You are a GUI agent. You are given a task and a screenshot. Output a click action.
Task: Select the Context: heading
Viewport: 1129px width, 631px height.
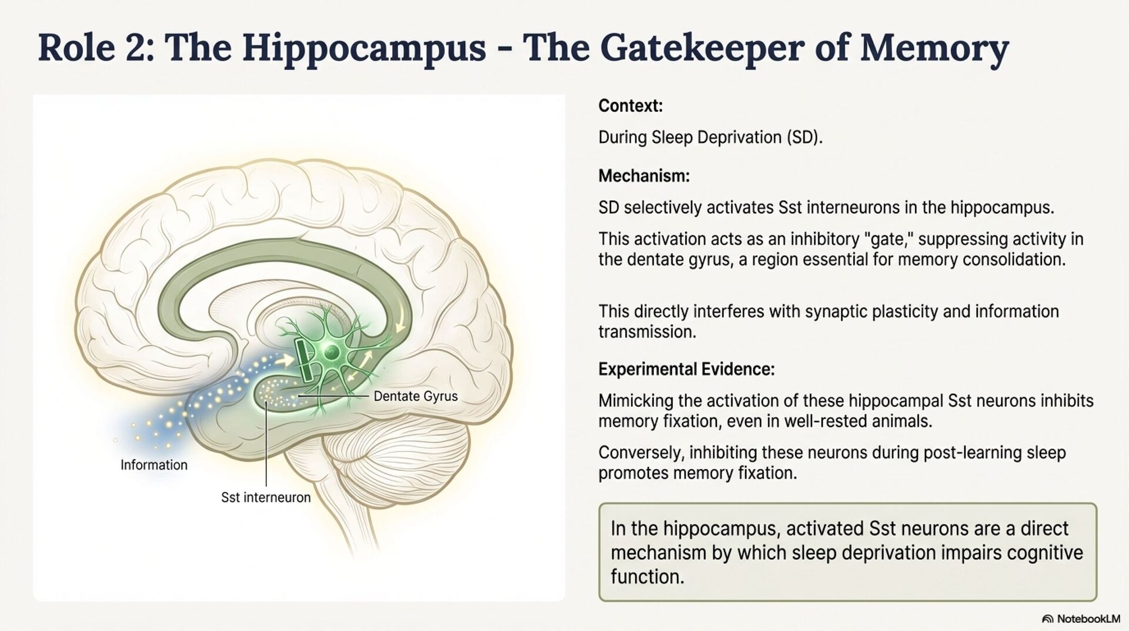coord(630,106)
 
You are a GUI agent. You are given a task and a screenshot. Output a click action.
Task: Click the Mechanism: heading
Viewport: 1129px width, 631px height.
coord(644,176)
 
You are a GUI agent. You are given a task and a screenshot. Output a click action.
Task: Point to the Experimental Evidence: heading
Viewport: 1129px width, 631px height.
coord(686,370)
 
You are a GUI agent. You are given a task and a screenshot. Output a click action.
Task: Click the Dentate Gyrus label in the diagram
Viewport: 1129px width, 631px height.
coord(415,396)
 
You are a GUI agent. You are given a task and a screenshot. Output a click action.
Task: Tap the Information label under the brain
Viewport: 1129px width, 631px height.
coord(154,465)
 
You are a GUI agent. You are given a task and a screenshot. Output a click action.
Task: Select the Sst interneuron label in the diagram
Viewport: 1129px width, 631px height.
coord(266,497)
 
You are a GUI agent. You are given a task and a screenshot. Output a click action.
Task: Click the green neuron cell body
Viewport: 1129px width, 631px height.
coord(332,353)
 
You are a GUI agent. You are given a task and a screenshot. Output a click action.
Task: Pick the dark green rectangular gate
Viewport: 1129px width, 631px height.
coord(305,360)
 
